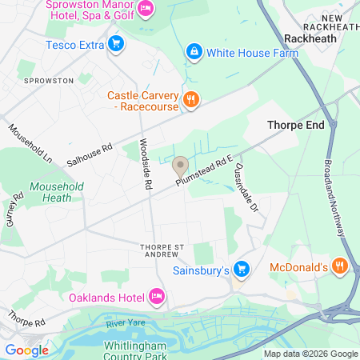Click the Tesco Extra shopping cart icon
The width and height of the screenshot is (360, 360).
(x=116, y=44)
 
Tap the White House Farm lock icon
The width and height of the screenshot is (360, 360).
(x=193, y=53)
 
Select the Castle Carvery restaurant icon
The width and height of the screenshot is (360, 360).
(x=190, y=100)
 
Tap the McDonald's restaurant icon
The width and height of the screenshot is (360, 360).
(x=340, y=266)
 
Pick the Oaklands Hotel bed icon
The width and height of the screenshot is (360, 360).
(x=157, y=297)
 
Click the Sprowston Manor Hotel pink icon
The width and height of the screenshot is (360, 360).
(x=146, y=9)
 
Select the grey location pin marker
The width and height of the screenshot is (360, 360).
(x=180, y=166)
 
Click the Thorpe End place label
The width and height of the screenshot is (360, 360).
(x=294, y=126)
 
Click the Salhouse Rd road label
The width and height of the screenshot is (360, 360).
(x=89, y=150)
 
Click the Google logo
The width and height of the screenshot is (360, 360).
(x=26, y=350)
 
